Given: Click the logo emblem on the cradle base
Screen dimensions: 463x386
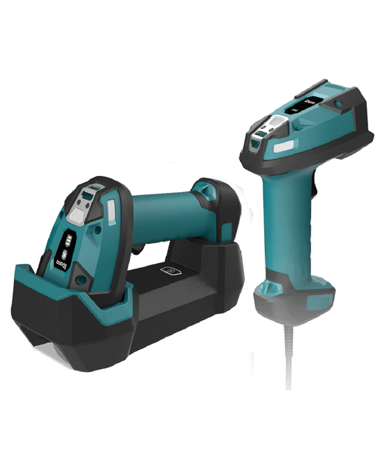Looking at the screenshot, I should pos(171,270).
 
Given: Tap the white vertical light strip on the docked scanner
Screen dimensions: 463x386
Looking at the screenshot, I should pos(111,210).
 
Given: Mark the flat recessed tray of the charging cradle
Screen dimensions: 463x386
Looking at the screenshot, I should pos(178,289).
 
